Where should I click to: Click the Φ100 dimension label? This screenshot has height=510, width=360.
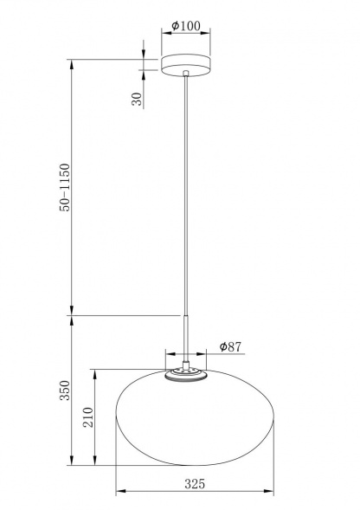pyautogui.click(x=186, y=25)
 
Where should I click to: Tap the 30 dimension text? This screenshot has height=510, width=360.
pyautogui.click(x=138, y=99)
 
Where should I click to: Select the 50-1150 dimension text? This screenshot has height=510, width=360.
pyautogui.click(x=65, y=187)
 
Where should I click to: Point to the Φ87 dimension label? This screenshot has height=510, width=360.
pyautogui.click(x=230, y=346)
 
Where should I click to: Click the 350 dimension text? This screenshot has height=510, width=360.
pyautogui.click(x=65, y=391)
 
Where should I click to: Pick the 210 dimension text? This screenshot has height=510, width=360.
pyautogui.click(x=88, y=417)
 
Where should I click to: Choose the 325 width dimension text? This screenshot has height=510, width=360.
pyautogui.click(x=195, y=484)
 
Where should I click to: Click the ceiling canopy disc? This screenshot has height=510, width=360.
pyautogui.click(x=186, y=65)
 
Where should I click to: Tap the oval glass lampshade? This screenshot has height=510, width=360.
pyautogui.click(x=195, y=417)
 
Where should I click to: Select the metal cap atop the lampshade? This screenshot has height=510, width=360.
pyautogui.click(x=186, y=374)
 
